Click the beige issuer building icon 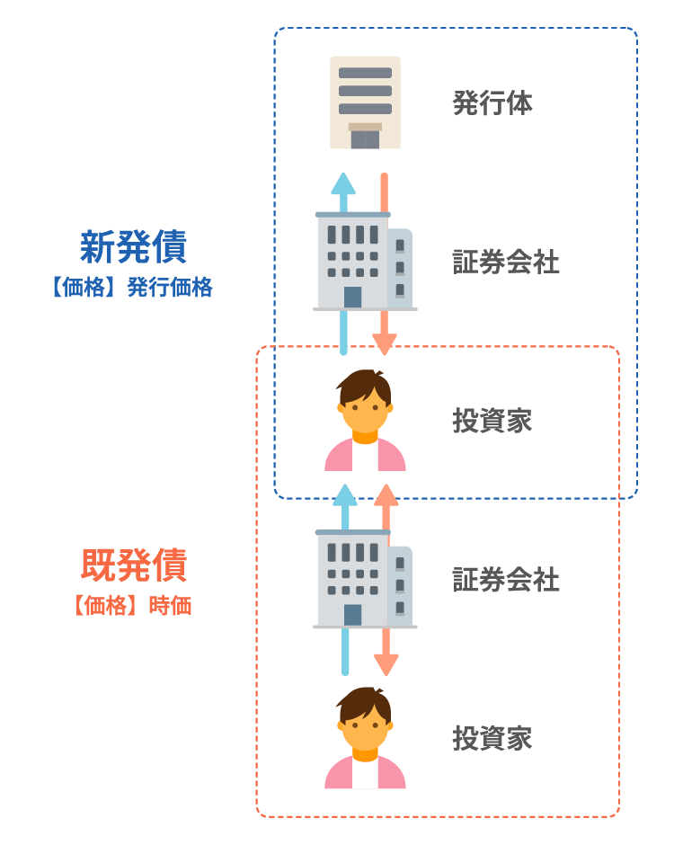365,102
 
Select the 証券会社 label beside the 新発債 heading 506,262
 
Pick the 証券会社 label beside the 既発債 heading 506,580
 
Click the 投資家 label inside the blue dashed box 492,421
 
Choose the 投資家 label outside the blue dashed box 492,738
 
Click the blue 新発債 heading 133,247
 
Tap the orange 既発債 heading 133,565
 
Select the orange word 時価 171,605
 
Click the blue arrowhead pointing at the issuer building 342,183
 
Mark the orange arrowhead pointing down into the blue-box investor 385,344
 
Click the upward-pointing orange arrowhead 386,495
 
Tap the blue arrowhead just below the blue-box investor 342,495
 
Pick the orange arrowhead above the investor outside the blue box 386,664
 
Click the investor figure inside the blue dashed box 365,421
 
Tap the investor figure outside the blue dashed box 365,738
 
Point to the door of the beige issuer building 365,138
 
